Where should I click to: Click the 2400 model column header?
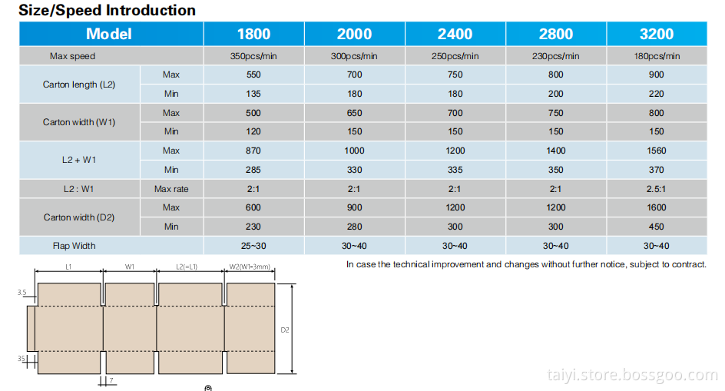(455, 34)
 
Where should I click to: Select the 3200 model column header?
(656, 34)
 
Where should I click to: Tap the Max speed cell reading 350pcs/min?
(253, 56)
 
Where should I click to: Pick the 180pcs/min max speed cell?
(657, 56)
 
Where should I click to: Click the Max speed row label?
(72, 56)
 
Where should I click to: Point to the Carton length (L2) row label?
(79, 84)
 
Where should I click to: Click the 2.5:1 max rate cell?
(657, 189)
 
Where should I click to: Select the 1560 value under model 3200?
(657, 151)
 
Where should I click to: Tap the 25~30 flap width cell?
(253, 246)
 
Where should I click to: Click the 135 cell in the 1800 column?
(253, 94)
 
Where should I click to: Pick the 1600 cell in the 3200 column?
(657, 207)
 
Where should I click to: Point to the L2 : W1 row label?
(79, 189)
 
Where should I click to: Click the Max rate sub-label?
(171, 189)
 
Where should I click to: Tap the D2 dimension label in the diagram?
(285, 330)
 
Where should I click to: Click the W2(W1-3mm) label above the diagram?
(250, 267)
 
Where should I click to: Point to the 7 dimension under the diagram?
(111, 380)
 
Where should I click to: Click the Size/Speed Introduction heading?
(107, 10)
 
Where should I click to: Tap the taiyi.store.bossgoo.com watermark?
(632, 375)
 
